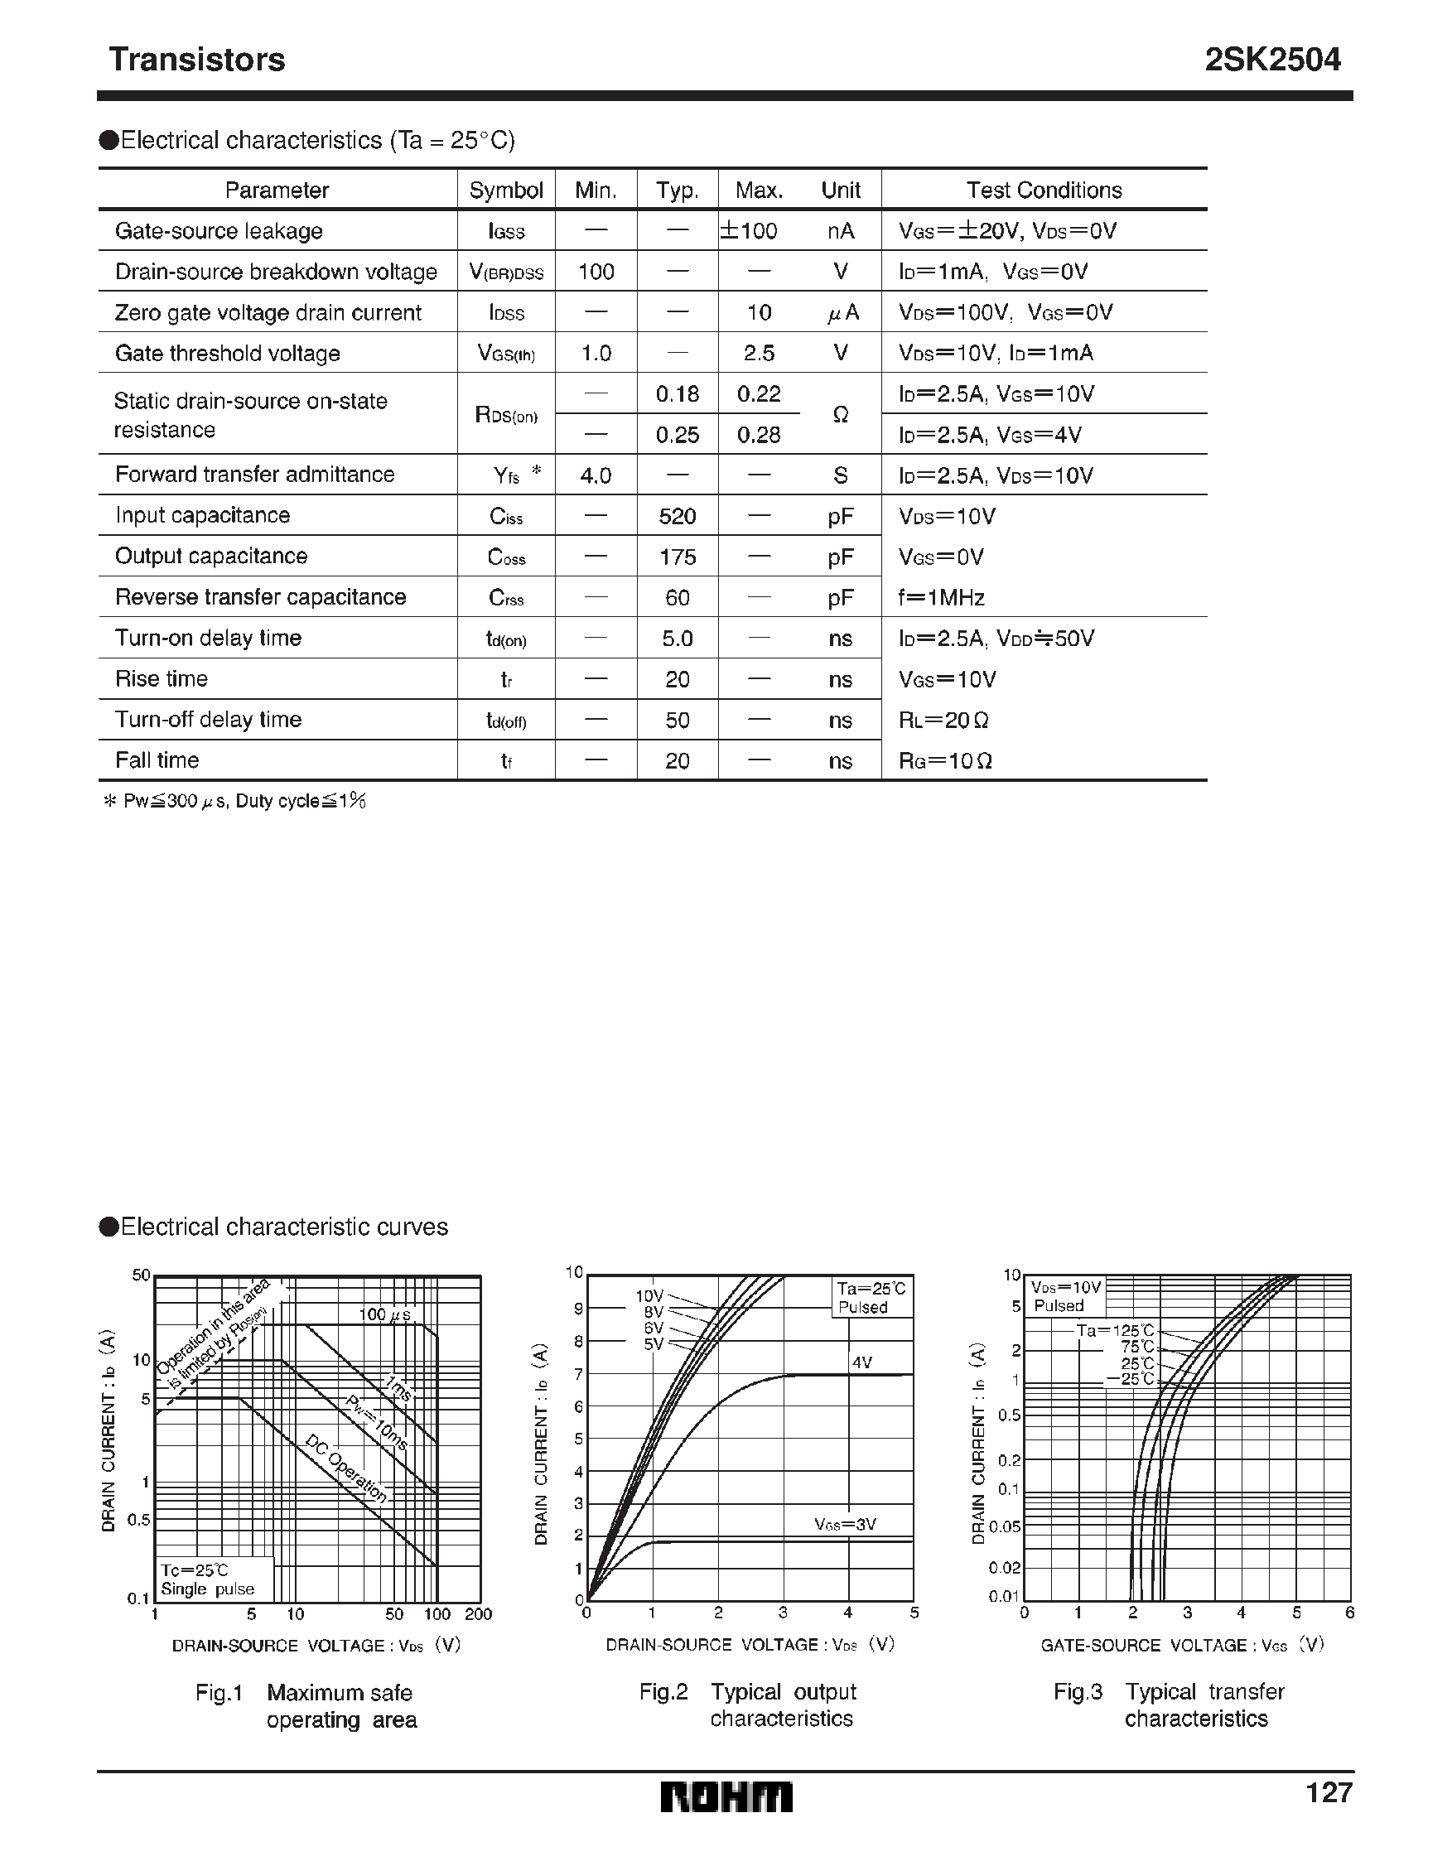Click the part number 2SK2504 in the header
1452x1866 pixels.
click(1271, 60)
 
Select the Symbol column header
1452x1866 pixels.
click(506, 190)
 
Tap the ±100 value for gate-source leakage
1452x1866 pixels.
click(750, 231)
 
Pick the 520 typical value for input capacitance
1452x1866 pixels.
click(677, 516)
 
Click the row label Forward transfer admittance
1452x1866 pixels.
click(254, 475)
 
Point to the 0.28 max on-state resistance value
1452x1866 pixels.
click(758, 435)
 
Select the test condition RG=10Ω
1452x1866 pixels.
click(945, 760)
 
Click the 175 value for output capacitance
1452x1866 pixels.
click(677, 557)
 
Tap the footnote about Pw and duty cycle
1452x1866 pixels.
click(234, 801)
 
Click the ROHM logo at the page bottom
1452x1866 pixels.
click(726, 1797)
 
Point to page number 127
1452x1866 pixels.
click(1329, 1791)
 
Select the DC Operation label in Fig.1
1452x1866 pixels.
click(346, 1468)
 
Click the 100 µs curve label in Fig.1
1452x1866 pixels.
click(384, 1315)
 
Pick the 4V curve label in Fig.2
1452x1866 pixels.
click(861, 1362)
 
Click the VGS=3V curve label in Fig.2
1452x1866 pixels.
click(845, 1524)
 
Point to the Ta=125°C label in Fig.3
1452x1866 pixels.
click(1114, 1330)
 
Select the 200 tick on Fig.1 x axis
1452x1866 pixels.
click(479, 1614)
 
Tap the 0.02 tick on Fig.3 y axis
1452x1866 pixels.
click(1004, 1567)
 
